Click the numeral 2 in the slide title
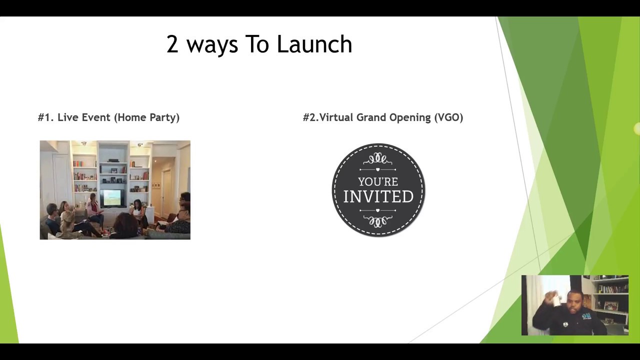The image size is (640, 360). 172,44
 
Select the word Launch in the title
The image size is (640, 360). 314,44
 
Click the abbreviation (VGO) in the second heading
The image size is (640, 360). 448,117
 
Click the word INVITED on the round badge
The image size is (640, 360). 378,196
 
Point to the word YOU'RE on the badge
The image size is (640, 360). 378,181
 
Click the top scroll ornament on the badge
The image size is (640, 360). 378,159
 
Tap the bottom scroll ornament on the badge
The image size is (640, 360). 378,220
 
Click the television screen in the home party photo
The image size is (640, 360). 111,198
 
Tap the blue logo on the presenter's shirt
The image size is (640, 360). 586,315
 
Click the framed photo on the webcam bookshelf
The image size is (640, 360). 610,306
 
